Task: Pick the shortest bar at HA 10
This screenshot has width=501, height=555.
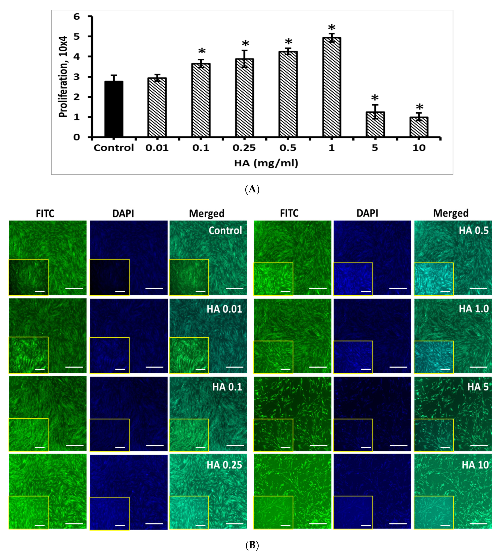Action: (x=419, y=127)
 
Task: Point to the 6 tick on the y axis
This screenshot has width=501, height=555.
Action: (x=77, y=17)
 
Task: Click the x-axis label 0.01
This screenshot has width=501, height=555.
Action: (x=157, y=148)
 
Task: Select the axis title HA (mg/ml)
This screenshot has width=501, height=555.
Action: (x=266, y=163)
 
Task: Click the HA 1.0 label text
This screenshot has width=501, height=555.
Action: (x=473, y=309)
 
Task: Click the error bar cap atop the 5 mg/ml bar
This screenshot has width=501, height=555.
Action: (x=375, y=105)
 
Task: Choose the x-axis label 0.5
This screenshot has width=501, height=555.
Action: (x=288, y=148)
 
